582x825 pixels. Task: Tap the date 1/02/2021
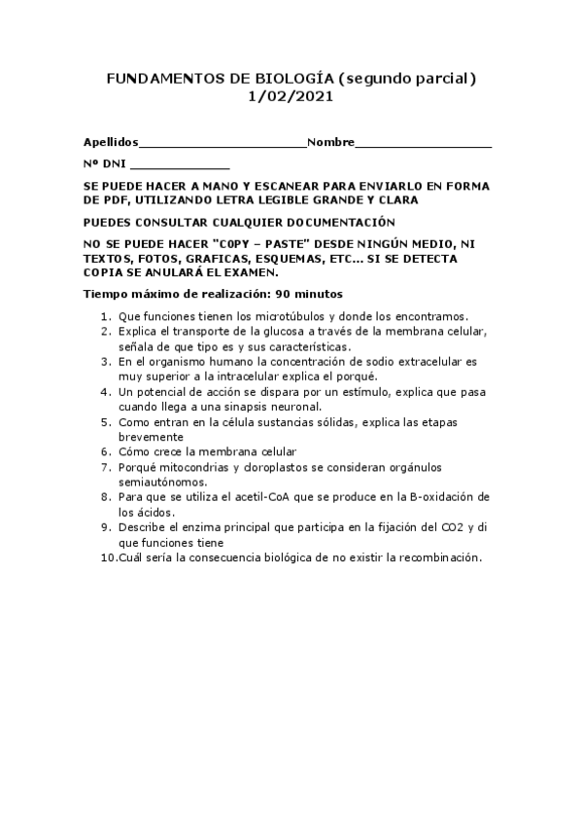[291, 97]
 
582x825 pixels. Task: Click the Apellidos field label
[111, 142]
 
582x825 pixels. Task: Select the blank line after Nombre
[423, 145]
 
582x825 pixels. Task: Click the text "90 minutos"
[308, 293]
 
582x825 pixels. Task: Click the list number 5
[106, 421]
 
